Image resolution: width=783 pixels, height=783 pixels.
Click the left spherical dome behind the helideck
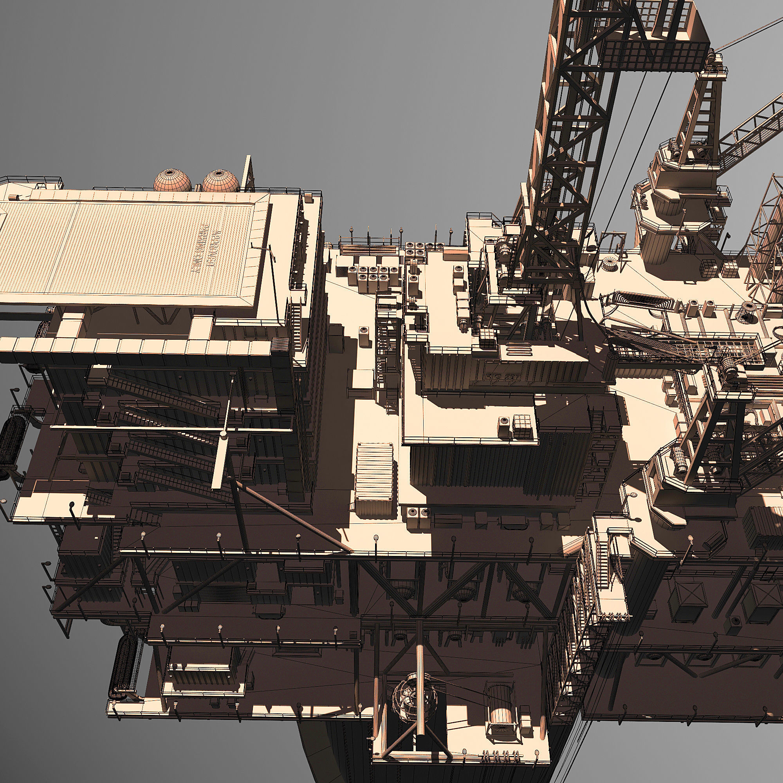172,181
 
